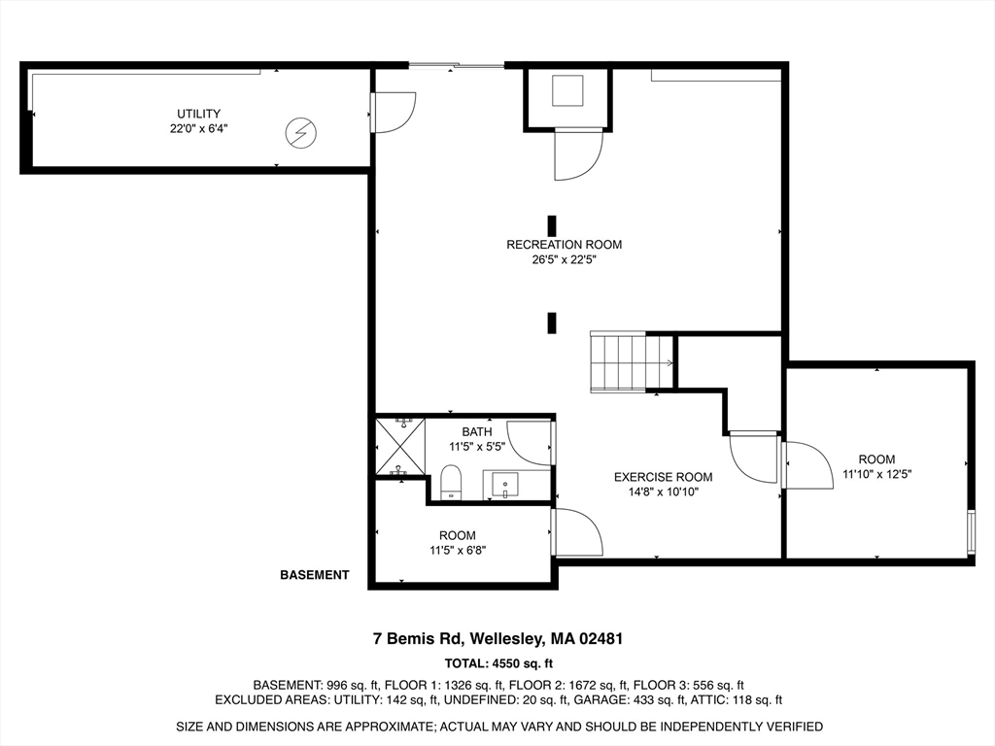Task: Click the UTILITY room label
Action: click(x=198, y=114)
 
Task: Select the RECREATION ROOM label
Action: click(x=564, y=245)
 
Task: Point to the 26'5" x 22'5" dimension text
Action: click(x=564, y=259)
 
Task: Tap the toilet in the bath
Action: click(x=451, y=482)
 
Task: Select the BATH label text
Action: click(x=476, y=431)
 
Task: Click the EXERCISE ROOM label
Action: click(x=663, y=477)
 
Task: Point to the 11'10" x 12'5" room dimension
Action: click(x=876, y=475)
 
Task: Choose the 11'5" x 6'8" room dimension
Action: click(x=457, y=550)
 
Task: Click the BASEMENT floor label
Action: click(x=314, y=575)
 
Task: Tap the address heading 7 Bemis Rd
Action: click(x=497, y=639)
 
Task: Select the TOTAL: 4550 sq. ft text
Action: click(x=497, y=664)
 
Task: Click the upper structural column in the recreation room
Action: click(x=552, y=225)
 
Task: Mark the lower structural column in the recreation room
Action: click(x=552, y=322)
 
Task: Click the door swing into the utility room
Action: click(x=394, y=111)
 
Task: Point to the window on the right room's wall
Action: click(x=970, y=531)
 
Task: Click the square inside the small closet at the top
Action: click(x=568, y=91)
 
